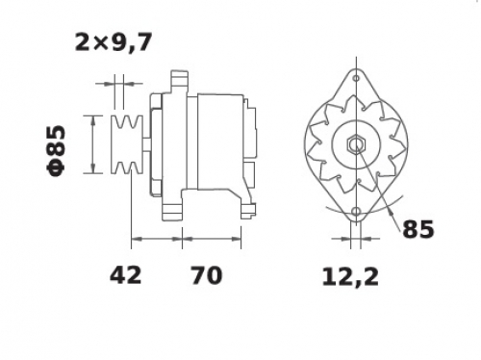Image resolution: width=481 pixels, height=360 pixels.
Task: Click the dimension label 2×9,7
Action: (x=113, y=42)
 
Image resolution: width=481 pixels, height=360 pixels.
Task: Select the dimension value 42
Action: (x=125, y=275)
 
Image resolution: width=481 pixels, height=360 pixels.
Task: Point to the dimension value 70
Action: (x=207, y=275)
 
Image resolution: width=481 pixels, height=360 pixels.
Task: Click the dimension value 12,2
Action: (x=350, y=276)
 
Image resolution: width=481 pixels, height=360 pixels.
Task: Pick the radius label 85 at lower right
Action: (x=418, y=229)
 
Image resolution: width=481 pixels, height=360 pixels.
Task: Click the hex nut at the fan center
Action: (x=356, y=144)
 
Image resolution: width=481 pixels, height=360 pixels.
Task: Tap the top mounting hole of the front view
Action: (x=356, y=78)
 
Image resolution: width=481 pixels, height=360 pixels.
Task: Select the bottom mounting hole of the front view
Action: (x=356, y=212)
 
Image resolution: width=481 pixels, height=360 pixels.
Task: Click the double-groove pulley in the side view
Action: (x=127, y=144)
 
